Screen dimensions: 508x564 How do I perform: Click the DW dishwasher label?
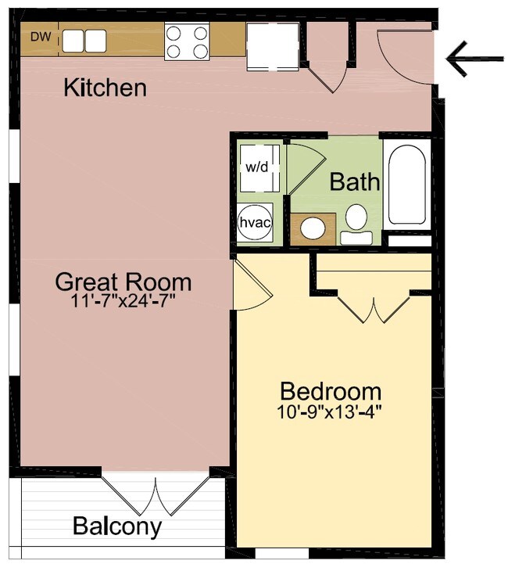click(x=41, y=37)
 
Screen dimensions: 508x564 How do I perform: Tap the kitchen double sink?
click(x=84, y=41)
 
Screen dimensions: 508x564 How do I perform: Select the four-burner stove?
click(x=187, y=41)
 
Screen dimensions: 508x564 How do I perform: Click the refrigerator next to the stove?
click(x=273, y=46)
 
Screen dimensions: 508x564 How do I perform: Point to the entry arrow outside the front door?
click(x=474, y=59)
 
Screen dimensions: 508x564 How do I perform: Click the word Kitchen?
click(x=106, y=88)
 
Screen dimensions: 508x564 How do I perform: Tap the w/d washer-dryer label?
click(x=257, y=167)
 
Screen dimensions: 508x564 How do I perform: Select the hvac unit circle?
click(x=255, y=223)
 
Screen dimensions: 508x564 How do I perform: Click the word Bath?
click(x=355, y=181)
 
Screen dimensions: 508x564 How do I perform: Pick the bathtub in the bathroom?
click(x=407, y=185)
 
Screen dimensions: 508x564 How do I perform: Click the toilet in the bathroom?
click(x=356, y=225)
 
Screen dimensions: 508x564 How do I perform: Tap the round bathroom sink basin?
click(x=313, y=228)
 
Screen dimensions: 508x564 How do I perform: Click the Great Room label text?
click(x=123, y=282)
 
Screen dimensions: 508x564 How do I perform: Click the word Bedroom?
click(x=331, y=391)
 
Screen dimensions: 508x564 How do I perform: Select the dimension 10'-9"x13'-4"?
click(x=329, y=411)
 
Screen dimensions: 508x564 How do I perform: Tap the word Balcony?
click(x=117, y=526)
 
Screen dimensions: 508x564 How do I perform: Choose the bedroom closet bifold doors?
click(x=374, y=308)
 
